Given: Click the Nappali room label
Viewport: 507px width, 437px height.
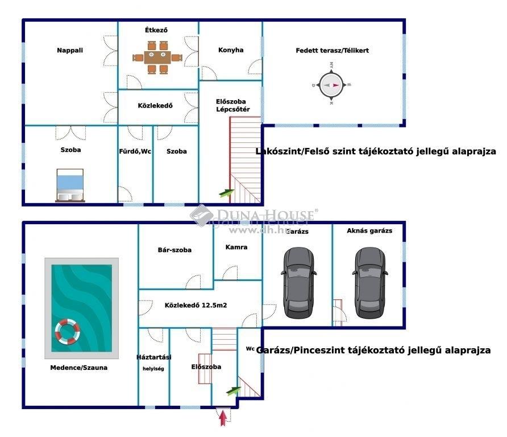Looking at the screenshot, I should coord(70,50).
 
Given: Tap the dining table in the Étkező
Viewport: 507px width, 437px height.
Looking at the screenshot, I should coord(158,57).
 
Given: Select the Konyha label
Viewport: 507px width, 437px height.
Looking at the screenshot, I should coord(231,50).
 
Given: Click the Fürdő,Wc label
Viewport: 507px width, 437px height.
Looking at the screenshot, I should coord(135,151).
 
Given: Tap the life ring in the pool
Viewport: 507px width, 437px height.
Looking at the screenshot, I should coord(68,331).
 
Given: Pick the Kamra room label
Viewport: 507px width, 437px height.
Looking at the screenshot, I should coord(236,248).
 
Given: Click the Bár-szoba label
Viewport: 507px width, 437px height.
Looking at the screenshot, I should coord(174,250).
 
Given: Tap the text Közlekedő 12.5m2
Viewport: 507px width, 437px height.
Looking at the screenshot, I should coord(196,306).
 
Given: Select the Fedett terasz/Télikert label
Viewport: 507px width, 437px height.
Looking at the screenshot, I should coord(333,51).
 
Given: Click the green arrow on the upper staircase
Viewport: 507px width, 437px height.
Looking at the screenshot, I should coord(227,192).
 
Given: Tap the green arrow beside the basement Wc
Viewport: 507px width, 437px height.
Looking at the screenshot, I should coord(234,390).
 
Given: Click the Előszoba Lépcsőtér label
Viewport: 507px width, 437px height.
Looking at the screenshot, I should coord(230,105).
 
